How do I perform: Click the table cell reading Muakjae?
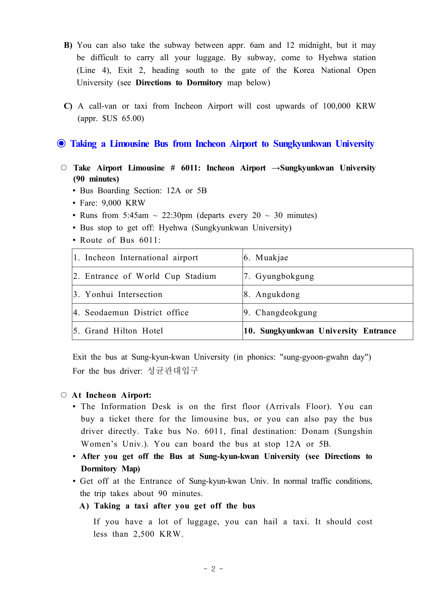coord(271,258)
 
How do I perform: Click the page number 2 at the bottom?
coord(213,569)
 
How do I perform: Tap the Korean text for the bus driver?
coord(173,371)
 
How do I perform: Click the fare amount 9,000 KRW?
coord(124,203)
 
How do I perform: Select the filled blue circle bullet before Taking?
coord(61,144)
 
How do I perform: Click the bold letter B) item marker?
coord(68,45)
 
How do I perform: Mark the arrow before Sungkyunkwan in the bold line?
coord(276,168)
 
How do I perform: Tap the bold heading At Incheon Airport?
coord(111,395)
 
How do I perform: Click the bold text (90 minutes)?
coord(96,179)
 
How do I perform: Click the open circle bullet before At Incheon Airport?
coord(64,395)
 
